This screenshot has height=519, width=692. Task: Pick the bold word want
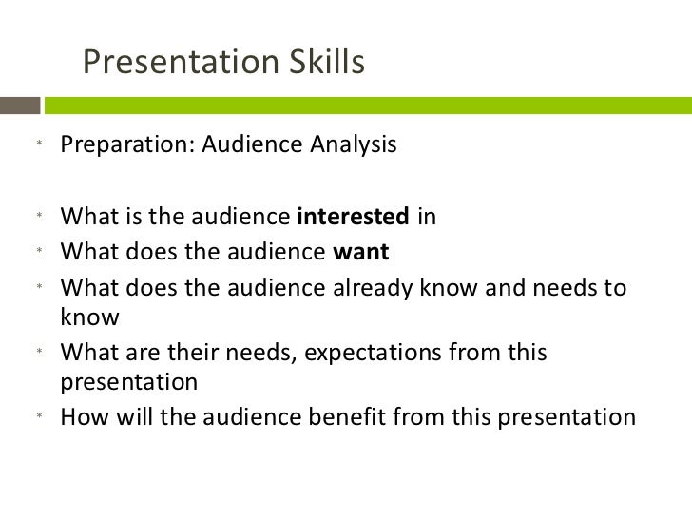coord(361,253)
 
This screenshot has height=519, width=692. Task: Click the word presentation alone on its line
coord(129,383)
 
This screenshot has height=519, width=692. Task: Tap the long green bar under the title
coord(371,102)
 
